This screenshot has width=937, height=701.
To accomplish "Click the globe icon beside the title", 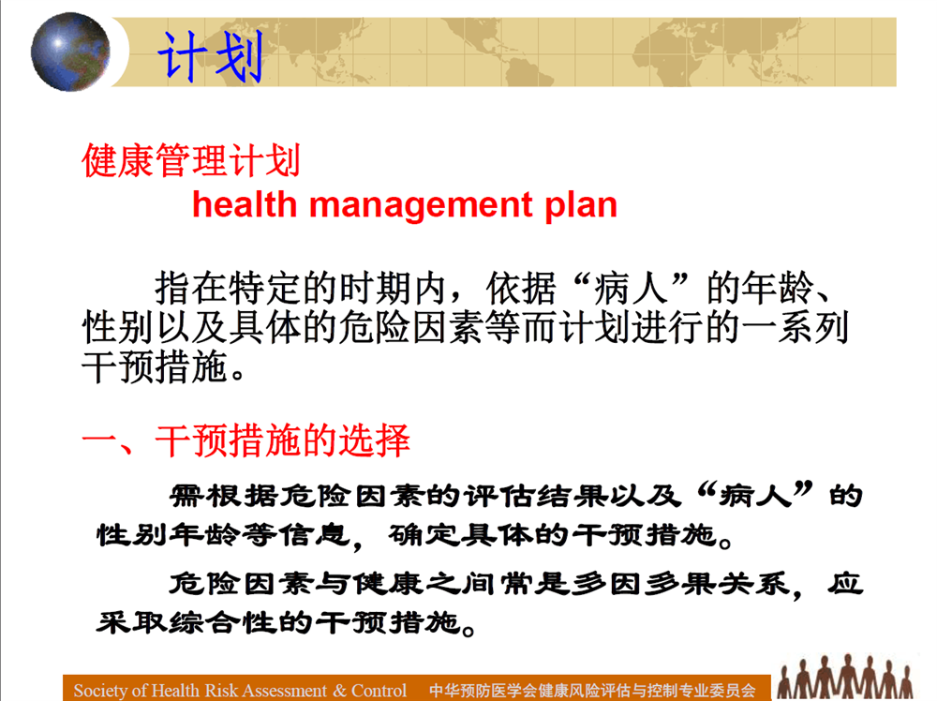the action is coord(70,52).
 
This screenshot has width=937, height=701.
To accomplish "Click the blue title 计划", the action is coord(210,57).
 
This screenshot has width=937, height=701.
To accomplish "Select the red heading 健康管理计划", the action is coord(191,160).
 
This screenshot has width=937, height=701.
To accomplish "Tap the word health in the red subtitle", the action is coord(245,204).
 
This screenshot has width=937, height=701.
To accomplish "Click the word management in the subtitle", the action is coord(420,206).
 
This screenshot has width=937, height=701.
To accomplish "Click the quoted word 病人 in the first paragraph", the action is coord(631,289).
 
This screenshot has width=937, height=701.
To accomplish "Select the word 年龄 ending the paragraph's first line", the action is coord(778,289).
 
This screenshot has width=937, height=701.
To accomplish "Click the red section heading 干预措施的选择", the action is coord(283,441).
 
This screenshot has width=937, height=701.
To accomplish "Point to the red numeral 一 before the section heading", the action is coord(99,442).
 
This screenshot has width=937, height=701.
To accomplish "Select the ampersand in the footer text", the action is coord(340,691).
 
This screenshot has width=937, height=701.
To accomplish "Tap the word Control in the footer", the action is coord(379,691).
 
